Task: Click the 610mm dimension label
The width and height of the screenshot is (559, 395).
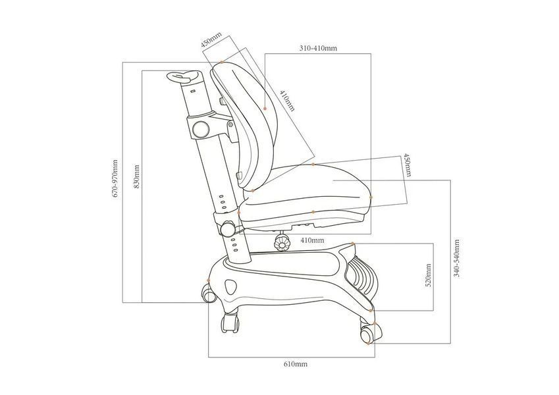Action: tap(295, 364)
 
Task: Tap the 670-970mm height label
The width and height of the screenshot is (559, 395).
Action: tap(115, 178)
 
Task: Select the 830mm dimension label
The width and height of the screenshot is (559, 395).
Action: tap(136, 176)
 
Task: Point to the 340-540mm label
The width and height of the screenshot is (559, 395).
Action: tap(456, 258)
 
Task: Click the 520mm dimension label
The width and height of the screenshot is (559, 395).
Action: tap(429, 275)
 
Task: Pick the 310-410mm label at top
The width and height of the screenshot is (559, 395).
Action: tap(318, 48)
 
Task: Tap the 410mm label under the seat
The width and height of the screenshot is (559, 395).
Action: tap(312, 240)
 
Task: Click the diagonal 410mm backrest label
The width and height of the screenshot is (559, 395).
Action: tap(287, 101)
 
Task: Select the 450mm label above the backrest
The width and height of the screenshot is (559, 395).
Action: tap(211, 39)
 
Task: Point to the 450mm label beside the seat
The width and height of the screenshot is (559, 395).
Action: tap(407, 165)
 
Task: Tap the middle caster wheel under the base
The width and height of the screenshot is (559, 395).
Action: tap(230, 323)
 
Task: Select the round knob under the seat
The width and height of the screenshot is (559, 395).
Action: tap(281, 243)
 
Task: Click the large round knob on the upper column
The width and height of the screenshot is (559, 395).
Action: tap(201, 129)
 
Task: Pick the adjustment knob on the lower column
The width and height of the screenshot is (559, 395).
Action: tap(227, 229)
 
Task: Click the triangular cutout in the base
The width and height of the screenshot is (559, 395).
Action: tap(230, 286)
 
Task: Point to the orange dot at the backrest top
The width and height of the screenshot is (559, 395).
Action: tap(222, 63)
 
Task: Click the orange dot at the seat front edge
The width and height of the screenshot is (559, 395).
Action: tap(371, 197)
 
